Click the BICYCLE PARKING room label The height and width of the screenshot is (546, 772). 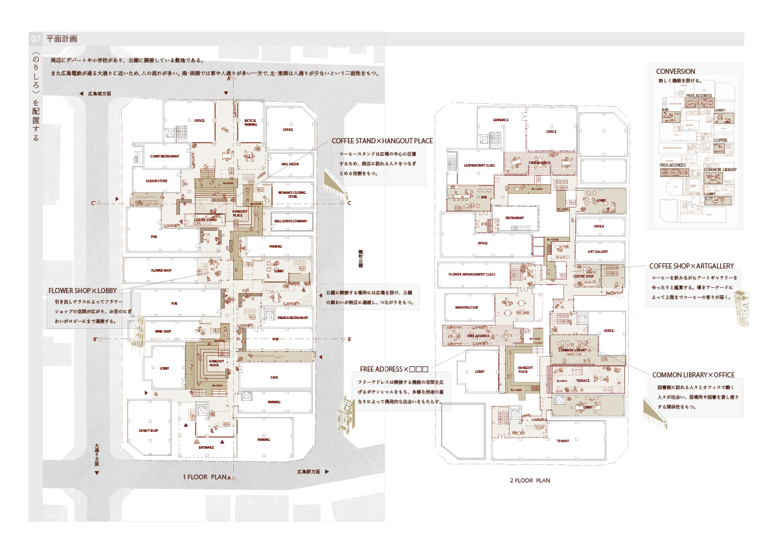[x=251, y=122]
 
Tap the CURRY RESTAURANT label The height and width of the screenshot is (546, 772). [x=164, y=156]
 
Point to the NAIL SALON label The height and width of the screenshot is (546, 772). [x=289, y=165]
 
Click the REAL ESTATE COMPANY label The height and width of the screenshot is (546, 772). [x=290, y=221]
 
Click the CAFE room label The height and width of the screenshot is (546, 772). [x=274, y=377]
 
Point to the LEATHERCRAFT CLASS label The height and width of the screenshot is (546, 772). [x=479, y=166]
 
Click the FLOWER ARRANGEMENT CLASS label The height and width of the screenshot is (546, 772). [x=476, y=274]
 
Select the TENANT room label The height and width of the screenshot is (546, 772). [x=562, y=441]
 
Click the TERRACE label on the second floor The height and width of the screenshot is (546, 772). [x=583, y=381]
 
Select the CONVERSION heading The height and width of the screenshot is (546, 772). [x=675, y=71]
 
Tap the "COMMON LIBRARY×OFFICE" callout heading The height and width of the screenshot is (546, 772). [x=693, y=375]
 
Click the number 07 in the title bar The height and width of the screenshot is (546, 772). [x=36, y=39]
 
